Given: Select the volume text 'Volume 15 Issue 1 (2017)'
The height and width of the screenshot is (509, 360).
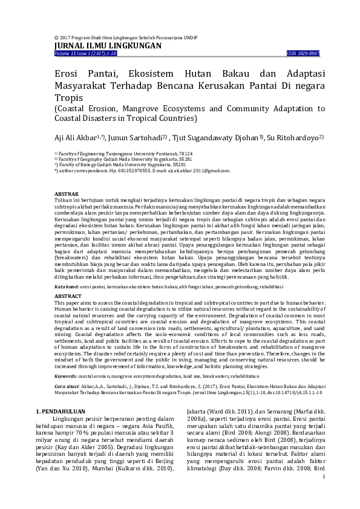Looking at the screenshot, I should pos(82,54).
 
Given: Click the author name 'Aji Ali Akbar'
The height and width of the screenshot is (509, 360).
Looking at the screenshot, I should pos(74,138).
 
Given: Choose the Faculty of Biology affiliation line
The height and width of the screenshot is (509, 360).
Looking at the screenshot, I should pos(120,164).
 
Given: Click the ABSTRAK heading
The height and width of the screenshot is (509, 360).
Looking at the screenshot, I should pos(66,193).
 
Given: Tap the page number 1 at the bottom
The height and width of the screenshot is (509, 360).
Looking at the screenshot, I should pos(324,476).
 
